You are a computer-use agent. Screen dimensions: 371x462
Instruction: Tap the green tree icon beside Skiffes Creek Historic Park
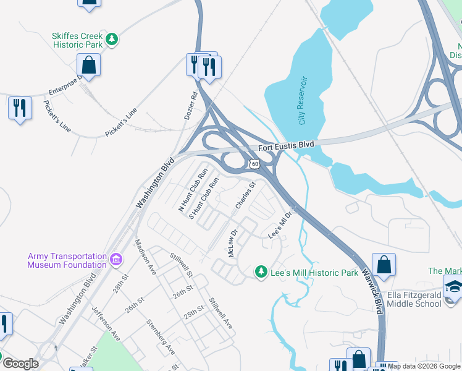[112, 40]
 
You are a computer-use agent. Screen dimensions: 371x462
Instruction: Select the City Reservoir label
[303, 100]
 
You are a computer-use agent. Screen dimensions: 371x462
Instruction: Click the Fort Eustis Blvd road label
[286, 145]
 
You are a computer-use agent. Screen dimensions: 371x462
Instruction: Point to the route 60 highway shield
[254, 164]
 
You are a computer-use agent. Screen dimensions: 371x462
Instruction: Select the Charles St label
[245, 194]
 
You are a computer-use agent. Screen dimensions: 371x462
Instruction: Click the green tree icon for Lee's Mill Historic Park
[261, 272]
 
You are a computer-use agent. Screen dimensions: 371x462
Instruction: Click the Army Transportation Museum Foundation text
[67, 260]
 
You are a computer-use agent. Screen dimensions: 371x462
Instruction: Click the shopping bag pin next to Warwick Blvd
[384, 264]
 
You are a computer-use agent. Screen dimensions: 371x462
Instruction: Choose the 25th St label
[193, 311]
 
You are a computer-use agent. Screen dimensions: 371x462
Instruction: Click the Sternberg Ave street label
[161, 336]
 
